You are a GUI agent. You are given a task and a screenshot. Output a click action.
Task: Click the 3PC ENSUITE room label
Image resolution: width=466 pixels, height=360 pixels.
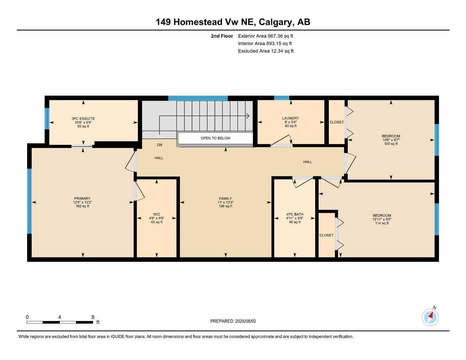(x=83, y=119)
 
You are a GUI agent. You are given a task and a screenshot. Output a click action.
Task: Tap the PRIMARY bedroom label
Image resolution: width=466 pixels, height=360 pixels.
(x=82, y=199)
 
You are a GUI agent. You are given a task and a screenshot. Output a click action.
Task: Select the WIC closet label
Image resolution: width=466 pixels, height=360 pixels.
(x=157, y=214)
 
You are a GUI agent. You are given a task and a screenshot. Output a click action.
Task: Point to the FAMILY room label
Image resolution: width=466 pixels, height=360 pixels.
(x=225, y=199)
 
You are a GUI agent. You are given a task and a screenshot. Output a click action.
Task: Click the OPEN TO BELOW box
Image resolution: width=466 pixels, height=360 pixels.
(x=215, y=138)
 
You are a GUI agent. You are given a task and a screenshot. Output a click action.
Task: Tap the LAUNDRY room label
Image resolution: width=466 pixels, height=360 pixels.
(x=291, y=118)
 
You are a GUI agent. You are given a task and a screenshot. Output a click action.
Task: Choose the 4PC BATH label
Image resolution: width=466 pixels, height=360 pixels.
(x=294, y=214)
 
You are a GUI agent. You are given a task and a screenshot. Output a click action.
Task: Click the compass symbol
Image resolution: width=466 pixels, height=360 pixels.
(x=430, y=317)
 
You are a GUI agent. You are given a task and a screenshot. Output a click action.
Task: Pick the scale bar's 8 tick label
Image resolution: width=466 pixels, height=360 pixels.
(x=93, y=317)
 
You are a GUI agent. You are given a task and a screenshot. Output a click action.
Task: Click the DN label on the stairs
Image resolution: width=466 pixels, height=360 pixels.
(x=160, y=145)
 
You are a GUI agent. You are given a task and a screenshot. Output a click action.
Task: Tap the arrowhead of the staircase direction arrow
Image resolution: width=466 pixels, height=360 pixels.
(x=248, y=116)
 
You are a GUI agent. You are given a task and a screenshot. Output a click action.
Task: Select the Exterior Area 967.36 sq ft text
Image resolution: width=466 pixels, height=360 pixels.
(x=266, y=36)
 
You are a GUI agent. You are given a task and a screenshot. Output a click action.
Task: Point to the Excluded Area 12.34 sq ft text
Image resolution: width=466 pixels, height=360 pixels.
(x=266, y=51)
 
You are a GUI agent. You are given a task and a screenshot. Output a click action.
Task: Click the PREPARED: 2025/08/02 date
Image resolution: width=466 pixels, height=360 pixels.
(x=233, y=321)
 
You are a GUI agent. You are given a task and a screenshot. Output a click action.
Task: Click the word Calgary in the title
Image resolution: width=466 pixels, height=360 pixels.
(x=276, y=22)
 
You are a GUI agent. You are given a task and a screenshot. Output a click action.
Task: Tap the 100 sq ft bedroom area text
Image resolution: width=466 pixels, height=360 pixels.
(x=391, y=144)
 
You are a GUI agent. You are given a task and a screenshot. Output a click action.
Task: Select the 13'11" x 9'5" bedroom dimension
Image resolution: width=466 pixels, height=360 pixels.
(x=382, y=219)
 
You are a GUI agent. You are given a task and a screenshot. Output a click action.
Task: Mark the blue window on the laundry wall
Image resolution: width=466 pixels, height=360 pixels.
(x=281, y=98)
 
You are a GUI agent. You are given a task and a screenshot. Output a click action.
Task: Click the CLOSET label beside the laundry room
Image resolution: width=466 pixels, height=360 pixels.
(x=337, y=122)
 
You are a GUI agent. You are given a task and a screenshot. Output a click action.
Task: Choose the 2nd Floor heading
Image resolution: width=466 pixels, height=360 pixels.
(x=222, y=36)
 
